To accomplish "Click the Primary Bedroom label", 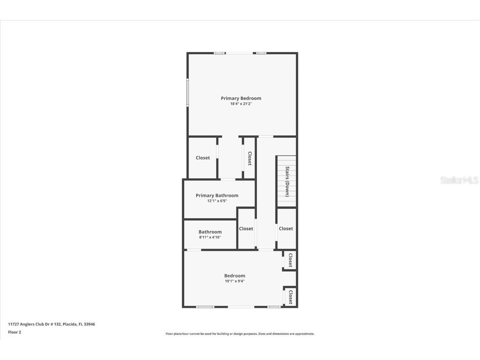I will (241, 98).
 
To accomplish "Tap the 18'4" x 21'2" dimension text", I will (241, 104).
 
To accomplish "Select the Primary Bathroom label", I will (217, 195).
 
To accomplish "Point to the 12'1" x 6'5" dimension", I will (217, 201).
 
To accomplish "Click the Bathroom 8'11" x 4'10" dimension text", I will (210, 237).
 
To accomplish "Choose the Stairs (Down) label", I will (287, 181).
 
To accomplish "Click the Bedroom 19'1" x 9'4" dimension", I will (235, 281).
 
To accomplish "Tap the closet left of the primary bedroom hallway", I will (203, 158).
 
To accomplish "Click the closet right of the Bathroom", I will (246, 228).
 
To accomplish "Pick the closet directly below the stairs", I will (286, 228).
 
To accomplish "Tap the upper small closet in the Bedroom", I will (290, 260).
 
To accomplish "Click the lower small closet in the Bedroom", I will (290, 297).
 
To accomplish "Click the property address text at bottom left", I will (52, 324).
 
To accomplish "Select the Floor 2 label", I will (15, 332).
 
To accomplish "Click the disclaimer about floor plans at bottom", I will (240, 334).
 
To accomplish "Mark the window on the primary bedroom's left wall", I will (187, 92).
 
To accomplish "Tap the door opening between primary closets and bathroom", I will (227, 180).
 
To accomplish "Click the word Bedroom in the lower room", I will (235, 275).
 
